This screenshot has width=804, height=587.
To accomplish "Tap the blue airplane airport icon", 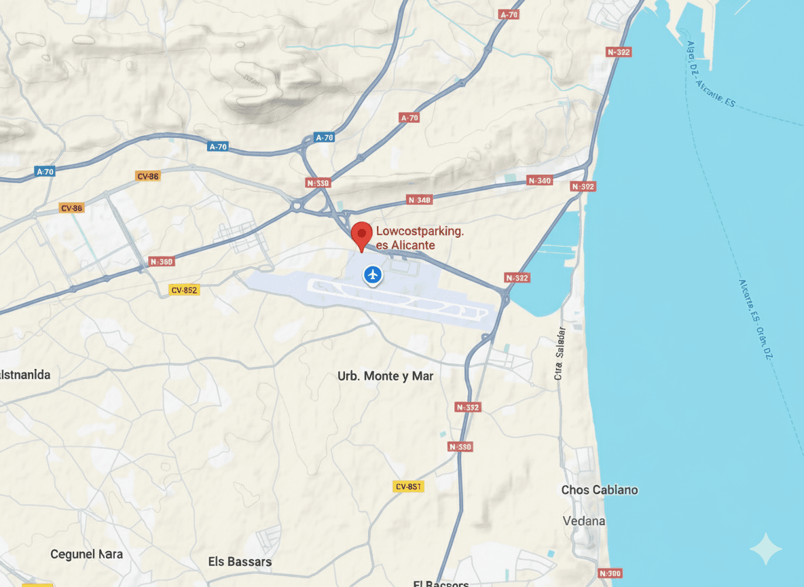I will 372,274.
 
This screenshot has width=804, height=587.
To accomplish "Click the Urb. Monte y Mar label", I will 385,376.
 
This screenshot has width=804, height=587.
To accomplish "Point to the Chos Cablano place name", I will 599,490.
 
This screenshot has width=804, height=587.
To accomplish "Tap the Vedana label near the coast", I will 584,521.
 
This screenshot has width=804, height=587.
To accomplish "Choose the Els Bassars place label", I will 240,562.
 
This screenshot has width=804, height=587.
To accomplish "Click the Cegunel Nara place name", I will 87,554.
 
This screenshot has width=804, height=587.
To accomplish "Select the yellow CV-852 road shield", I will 184,290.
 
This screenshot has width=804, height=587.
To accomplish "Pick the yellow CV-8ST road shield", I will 408,486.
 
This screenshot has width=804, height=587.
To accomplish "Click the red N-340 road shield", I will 540,181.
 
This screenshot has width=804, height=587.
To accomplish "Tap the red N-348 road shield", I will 420,200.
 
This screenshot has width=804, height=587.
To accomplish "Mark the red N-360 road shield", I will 162,262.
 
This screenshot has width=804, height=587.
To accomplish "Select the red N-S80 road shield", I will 460,447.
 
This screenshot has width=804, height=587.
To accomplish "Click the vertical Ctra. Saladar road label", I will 560,353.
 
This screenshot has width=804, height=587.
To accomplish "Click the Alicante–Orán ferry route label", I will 755,319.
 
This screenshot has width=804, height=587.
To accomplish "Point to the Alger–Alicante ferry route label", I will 710,75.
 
